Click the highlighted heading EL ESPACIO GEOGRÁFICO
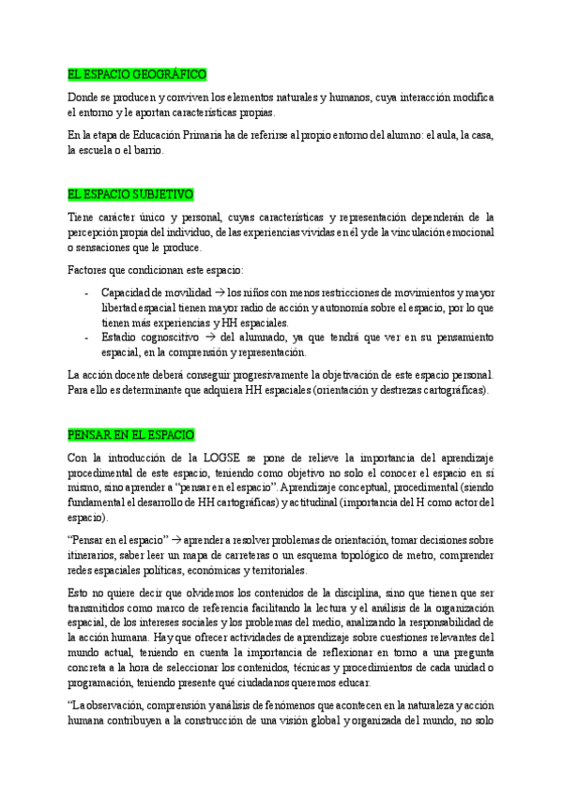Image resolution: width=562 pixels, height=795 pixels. click(x=137, y=74)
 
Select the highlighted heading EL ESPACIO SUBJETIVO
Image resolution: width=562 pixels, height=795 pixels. click(x=130, y=194)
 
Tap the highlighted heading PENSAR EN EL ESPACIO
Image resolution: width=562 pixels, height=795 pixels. click(x=131, y=435)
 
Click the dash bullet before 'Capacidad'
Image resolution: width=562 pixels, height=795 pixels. click(x=86, y=292)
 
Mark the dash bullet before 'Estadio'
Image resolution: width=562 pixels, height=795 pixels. click(x=86, y=337)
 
